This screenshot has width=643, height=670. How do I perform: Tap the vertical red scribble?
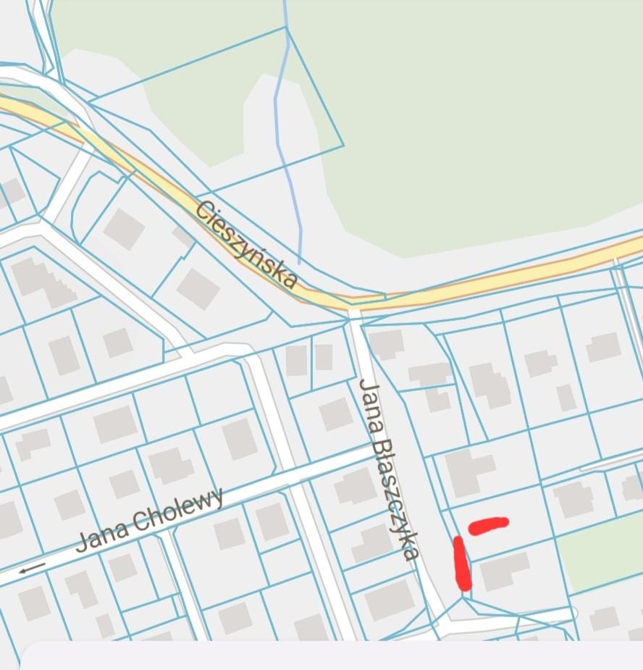(461, 563)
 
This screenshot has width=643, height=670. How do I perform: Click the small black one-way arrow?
(32, 569)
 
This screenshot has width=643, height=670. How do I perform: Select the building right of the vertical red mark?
(505, 572)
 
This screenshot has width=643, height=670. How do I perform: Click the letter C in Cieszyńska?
(206, 211)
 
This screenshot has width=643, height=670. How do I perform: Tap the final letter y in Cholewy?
(217, 498)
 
